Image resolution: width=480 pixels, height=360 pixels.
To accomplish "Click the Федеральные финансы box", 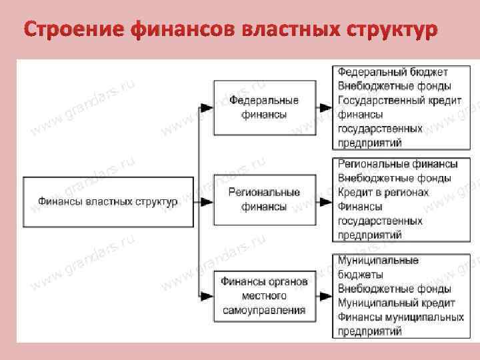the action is point(264,107).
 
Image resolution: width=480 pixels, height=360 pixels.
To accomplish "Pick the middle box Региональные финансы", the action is point(264,200).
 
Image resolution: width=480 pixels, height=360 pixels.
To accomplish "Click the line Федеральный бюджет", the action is point(393,71).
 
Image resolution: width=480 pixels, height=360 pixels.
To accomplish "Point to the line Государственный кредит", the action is point(398,101).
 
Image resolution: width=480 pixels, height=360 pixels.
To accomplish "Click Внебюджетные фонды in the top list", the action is point(394,86).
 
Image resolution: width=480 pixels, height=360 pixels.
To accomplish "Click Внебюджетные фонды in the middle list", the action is point(394,178).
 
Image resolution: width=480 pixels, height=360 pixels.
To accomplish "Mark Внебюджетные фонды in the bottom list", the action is point(394,289).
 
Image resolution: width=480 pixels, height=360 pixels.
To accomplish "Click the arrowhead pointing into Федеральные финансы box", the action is point(208,107).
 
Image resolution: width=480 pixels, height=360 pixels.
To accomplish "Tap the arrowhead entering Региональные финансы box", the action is point(208,200).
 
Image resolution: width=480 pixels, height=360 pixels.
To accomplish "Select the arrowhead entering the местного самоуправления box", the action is point(208,293).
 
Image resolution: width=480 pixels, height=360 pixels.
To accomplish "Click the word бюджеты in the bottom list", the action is point(360,274).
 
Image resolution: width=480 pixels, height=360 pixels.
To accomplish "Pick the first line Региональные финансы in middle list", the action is point(397,163).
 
